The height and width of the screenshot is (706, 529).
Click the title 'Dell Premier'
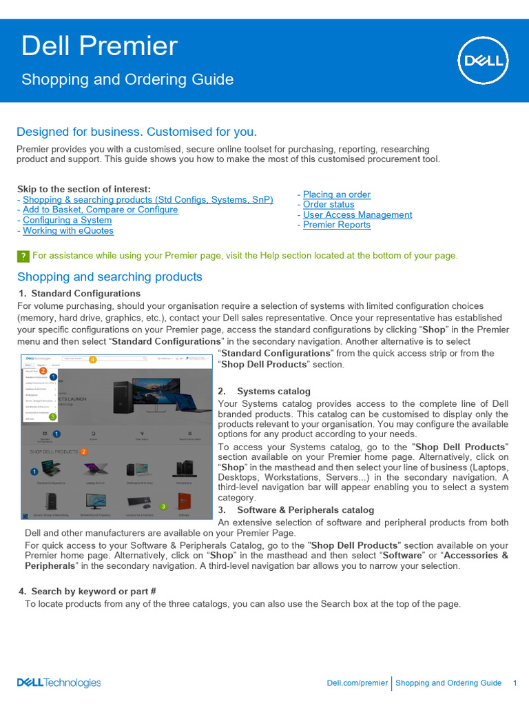(99, 46)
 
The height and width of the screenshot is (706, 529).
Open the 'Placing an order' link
(336, 194)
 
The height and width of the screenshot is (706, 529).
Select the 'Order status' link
(329, 205)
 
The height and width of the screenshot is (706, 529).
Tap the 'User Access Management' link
(357, 215)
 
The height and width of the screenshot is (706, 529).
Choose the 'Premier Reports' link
(336, 225)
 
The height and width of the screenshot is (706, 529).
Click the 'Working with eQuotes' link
(68, 231)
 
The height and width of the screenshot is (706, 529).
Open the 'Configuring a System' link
(67, 221)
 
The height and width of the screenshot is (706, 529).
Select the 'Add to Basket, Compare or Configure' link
(100, 210)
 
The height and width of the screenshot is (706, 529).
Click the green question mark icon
(23, 256)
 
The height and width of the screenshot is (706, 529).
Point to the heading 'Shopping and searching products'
(110, 277)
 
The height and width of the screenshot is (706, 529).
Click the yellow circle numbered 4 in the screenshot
(93, 359)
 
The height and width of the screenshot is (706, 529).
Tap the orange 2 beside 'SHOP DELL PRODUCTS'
(83, 452)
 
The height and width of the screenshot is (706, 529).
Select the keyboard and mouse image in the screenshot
(140, 501)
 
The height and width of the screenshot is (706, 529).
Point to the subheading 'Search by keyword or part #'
(94, 592)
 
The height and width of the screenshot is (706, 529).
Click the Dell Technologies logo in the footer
(59, 683)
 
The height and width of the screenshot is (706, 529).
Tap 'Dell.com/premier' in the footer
(357, 683)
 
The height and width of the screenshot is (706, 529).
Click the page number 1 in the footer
(515, 683)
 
